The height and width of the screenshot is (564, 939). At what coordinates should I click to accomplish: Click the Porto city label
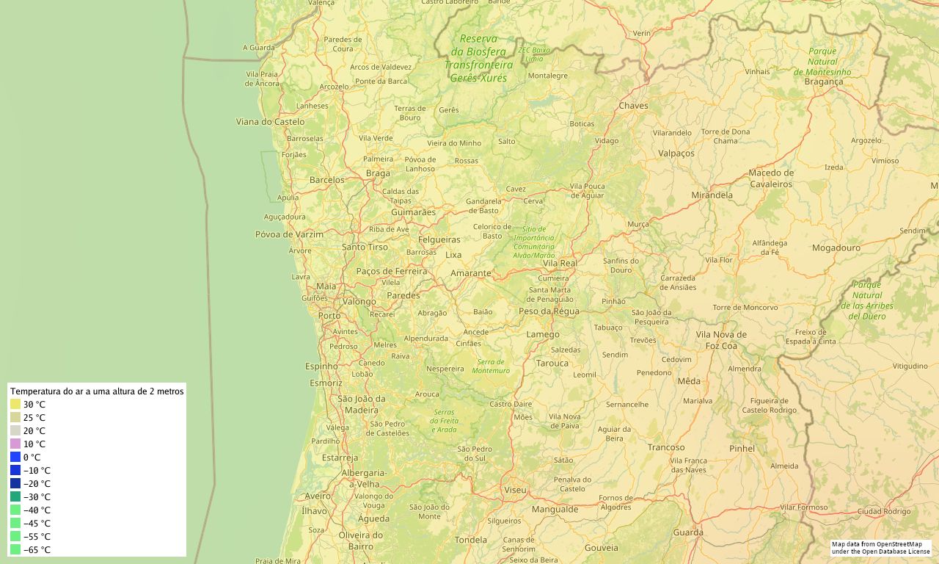329,316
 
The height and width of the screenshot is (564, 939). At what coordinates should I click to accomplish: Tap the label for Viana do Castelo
270,122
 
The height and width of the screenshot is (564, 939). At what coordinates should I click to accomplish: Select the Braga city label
378,173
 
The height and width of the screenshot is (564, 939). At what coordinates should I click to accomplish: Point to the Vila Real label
560,263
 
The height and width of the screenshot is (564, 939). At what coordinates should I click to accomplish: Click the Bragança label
824,82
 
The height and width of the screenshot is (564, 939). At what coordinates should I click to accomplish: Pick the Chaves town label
633,106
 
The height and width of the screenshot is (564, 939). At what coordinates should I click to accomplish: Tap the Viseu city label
515,490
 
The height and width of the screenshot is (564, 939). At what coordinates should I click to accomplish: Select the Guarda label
688,532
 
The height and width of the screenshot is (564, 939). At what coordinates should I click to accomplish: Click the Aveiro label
318,496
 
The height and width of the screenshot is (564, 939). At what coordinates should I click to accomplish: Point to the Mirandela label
712,195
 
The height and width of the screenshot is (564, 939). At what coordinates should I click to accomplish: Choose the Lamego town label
543,335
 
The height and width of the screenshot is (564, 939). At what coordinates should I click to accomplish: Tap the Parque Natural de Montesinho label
822,62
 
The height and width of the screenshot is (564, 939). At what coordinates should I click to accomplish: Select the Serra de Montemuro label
492,366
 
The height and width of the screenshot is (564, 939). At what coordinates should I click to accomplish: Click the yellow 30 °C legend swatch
15,405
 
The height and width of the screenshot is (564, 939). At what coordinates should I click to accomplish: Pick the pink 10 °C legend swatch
15,444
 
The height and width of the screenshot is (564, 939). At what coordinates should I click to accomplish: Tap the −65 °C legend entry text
37,550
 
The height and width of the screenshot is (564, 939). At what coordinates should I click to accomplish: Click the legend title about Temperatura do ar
97,391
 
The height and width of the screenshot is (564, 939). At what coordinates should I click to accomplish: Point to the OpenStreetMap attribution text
880,548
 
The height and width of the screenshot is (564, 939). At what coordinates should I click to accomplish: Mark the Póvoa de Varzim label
289,234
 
